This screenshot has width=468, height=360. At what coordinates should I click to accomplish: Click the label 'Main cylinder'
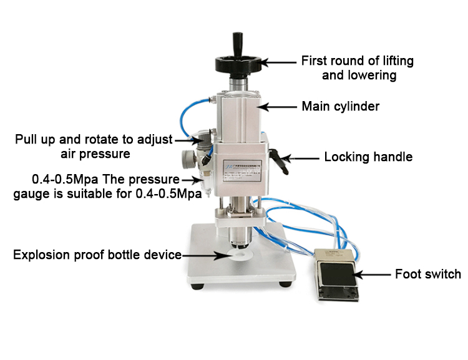341,106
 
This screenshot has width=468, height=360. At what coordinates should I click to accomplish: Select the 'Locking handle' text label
368,157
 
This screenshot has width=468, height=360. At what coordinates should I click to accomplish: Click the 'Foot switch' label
428,274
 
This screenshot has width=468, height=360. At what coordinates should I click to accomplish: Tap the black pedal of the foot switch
338,274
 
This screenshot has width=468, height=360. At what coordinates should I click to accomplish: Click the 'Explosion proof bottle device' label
97,255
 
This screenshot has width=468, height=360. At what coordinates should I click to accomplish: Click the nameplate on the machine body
242,171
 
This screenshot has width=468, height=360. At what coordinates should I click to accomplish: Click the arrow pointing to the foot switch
371,275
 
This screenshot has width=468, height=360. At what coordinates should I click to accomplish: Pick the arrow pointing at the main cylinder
276,107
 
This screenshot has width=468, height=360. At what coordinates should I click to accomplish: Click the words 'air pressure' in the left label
95,154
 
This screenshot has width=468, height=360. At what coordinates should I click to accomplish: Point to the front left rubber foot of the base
197,286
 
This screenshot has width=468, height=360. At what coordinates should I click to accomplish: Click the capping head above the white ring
239,238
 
